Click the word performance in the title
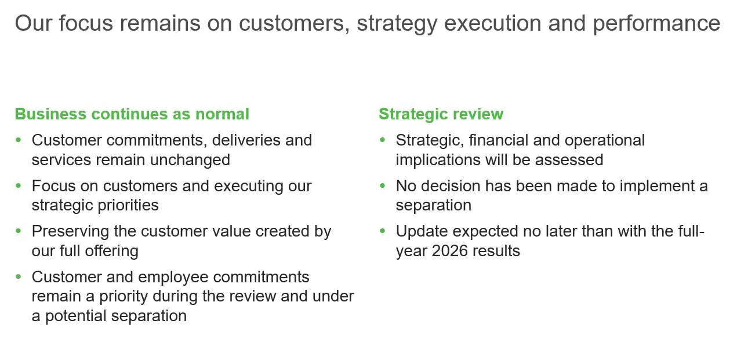click(656, 24)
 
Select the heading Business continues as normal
click(132, 114)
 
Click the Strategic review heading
click(441, 114)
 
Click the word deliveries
click(246, 140)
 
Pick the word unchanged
click(190, 160)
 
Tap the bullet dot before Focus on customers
click(19, 186)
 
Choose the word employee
click(173, 278)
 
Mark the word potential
click(75, 317)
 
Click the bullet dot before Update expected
click(382, 231)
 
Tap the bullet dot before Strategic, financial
click(382, 140)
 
